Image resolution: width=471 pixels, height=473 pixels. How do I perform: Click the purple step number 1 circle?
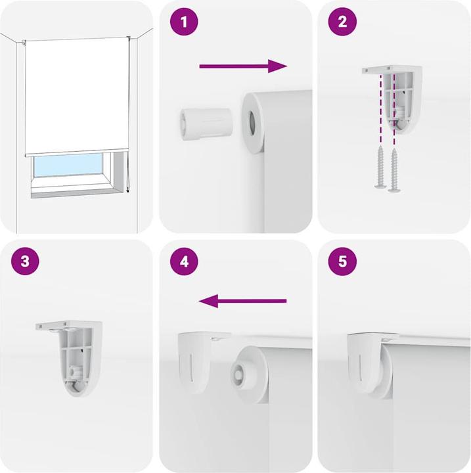coord(184,22)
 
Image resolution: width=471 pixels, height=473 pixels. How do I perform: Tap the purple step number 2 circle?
coord(342,22)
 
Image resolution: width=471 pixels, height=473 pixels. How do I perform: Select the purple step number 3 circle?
coord(26,261)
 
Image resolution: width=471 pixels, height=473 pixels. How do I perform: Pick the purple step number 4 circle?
coord(184,261)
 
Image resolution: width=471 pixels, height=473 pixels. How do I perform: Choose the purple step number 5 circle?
coord(342,261)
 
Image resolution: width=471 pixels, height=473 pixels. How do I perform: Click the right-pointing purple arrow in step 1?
coord(243,66)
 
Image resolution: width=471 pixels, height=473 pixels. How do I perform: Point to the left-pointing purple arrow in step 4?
coord(242,301)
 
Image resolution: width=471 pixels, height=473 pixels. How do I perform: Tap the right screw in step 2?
coord(394,170)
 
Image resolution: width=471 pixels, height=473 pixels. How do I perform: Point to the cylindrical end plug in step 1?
coord(206,124)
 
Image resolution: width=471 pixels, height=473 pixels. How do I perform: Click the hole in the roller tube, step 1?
coord(252,123)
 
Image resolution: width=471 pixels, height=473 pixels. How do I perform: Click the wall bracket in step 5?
coord(365,362)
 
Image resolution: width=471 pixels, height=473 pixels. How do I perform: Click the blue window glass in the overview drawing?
coord(68,165)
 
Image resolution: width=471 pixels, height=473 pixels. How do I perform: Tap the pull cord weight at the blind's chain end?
coord(128,191)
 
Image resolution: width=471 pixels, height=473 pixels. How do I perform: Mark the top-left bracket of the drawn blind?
coord(24,43)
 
